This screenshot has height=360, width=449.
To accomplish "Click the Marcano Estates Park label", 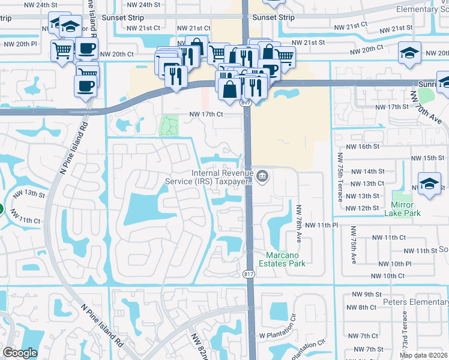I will tap(282, 259).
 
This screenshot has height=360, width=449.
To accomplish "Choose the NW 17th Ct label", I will tap(206, 114).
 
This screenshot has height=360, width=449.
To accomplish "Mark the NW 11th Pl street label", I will tap(322, 224).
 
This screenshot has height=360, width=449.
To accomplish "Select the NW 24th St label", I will tap(25, 5).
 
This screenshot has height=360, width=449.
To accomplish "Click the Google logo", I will tap(20, 353).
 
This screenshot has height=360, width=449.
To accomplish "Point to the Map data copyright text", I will tap(424, 355).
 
